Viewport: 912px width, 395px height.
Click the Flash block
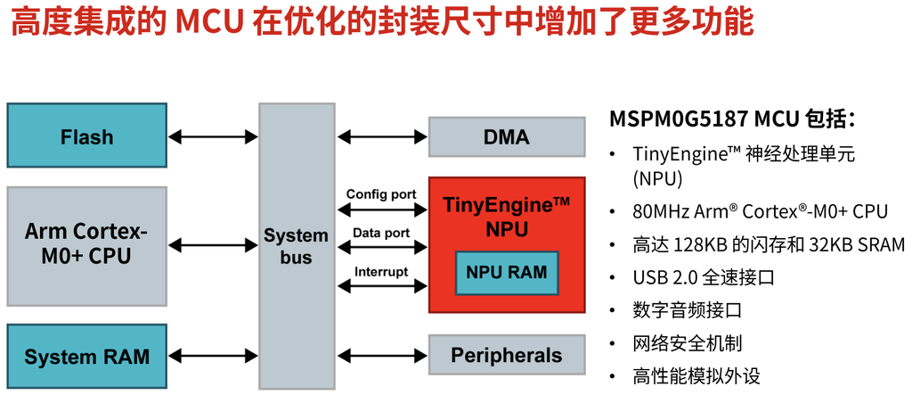[x=86, y=136]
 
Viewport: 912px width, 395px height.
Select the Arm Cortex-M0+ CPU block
[x=86, y=244]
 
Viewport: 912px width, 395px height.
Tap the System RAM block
[x=86, y=357]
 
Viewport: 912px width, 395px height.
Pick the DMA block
[x=506, y=136]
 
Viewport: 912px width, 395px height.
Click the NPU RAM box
[x=507, y=272]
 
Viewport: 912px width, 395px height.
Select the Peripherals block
[x=506, y=355]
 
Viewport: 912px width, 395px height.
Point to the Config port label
[x=381, y=194]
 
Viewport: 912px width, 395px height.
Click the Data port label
[x=381, y=233]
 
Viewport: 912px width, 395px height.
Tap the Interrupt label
[x=381, y=271]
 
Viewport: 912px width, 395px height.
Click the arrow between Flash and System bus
[x=212, y=136]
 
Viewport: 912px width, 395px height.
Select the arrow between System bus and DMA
[x=382, y=136]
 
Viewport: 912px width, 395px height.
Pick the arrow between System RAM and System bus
[x=212, y=357]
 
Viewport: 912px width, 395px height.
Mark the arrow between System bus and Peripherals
[x=382, y=355]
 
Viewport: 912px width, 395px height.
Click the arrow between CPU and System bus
[x=212, y=244]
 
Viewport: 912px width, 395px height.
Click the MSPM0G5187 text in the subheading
[x=680, y=119]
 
